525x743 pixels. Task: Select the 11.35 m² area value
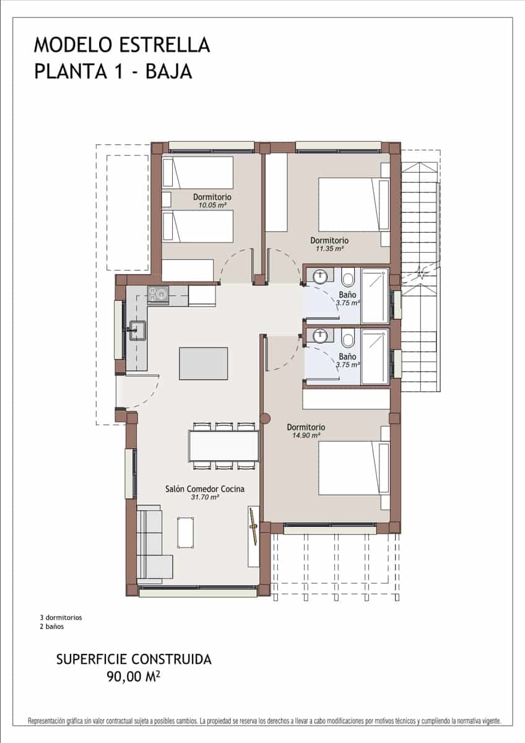pyautogui.click(x=329, y=248)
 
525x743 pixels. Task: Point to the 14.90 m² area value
pyautogui.click(x=306, y=435)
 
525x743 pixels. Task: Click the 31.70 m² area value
pyautogui.click(x=205, y=497)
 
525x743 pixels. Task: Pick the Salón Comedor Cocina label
pyautogui.click(x=205, y=489)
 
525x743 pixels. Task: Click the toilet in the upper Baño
pyautogui.click(x=347, y=276)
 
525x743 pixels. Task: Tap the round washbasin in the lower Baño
pyautogui.click(x=320, y=336)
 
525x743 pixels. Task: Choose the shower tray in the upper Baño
pyautogui.click(x=375, y=295)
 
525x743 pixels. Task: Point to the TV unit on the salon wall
pyautogui.click(x=253, y=536)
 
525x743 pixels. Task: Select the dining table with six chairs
pyautogui.click(x=223, y=446)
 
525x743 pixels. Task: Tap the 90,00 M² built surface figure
pyautogui.click(x=134, y=677)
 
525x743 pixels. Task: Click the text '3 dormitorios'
pyautogui.click(x=61, y=617)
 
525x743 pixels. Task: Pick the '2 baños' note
pyautogui.click(x=51, y=627)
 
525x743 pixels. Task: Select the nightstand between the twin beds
pyautogui.click(x=166, y=199)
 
